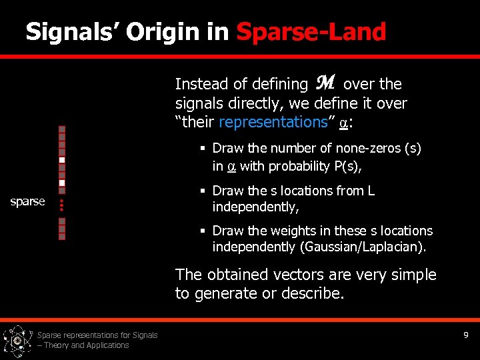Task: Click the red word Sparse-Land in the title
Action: click(311, 31)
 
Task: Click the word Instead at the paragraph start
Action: click(197, 84)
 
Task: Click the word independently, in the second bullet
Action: click(255, 207)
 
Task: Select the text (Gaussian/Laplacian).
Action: click(363, 247)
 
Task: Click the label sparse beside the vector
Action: click(28, 201)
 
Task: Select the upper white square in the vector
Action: click(61, 160)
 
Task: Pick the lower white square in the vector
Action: click(61, 183)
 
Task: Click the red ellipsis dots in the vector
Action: click(61, 205)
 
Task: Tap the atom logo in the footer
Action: click(18, 341)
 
